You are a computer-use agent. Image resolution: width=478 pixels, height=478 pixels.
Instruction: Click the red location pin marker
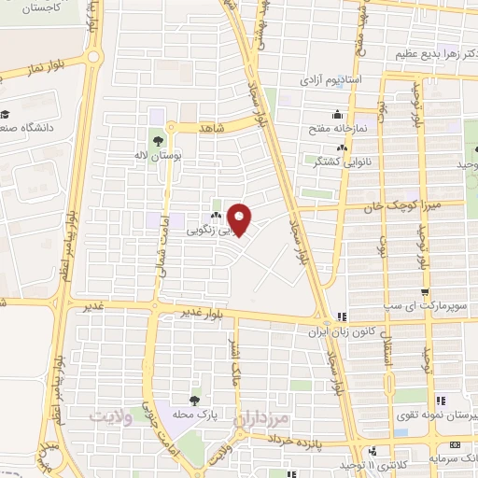pyautogui.click(x=241, y=220)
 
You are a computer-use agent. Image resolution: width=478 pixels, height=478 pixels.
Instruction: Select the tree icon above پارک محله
pyautogui.click(x=194, y=401)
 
